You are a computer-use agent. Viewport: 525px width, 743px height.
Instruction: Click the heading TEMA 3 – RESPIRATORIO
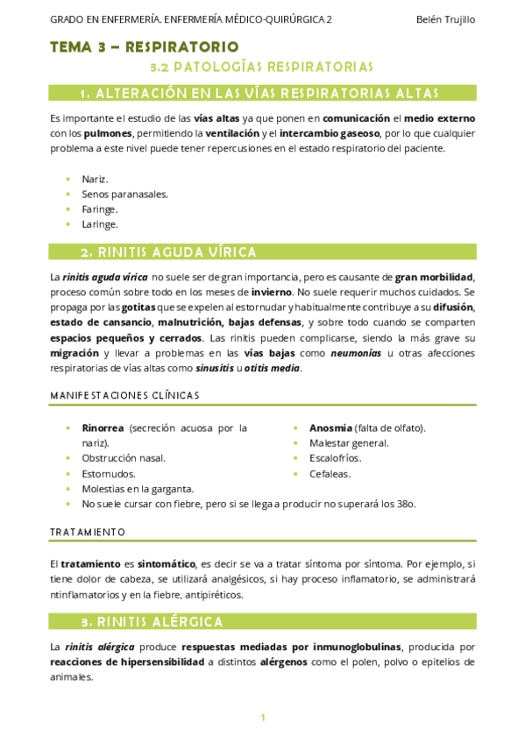[145, 46]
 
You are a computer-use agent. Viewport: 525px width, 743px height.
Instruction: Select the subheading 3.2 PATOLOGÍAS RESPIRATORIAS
[262, 67]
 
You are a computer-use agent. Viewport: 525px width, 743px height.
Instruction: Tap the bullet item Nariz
[95, 179]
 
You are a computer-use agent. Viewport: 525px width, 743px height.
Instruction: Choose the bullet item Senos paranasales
[124, 194]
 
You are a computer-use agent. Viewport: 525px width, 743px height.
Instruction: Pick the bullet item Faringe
[100, 209]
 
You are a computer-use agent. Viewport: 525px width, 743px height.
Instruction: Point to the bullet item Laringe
[100, 224]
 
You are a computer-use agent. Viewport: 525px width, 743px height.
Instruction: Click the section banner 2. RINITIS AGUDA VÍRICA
[168, 252]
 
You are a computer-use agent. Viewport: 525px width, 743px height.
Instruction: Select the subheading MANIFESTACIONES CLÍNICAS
[124, 395]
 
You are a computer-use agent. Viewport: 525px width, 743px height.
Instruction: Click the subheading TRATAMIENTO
[88, 532]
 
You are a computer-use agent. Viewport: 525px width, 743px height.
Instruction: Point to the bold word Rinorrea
[103, 428]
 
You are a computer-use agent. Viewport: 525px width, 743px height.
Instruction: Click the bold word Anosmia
[330, 428]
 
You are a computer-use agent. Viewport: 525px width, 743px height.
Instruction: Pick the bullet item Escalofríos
[337, 458]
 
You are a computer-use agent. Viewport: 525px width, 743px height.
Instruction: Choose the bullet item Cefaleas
[330, 474]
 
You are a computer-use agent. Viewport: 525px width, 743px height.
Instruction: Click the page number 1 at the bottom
[263, 718]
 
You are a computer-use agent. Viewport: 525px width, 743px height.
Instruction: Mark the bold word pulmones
[109, 133]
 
